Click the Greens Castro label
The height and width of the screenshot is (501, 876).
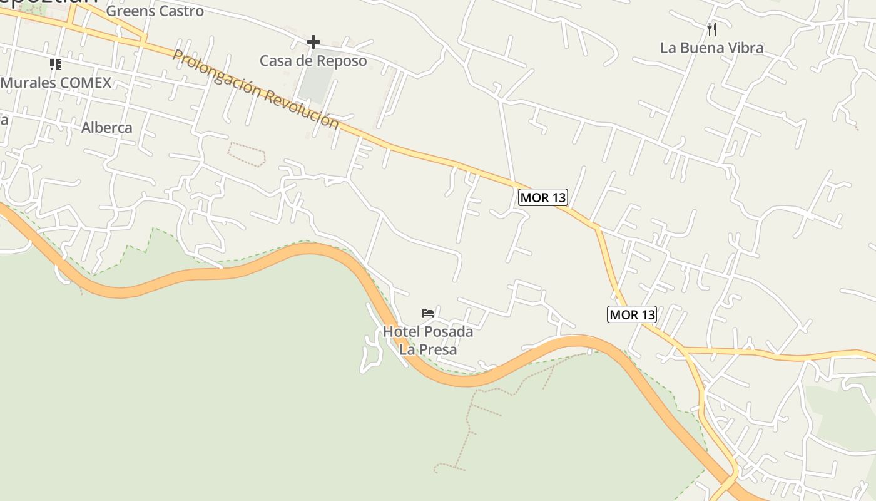coord(155,11)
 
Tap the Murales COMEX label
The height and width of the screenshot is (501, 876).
coord(56,83)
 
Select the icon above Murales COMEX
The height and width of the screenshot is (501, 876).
coord(56,64)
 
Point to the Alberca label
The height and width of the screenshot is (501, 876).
coord(107,128)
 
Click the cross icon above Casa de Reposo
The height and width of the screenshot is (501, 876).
coord(313,42)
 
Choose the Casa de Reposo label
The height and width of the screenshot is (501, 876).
coord(313,61)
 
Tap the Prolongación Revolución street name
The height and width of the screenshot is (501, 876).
coord(255,89)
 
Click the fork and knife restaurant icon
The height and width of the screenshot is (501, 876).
coord(711,29)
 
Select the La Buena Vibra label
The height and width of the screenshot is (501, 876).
coord(711,48)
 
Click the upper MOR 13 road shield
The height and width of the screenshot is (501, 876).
coord(543,198)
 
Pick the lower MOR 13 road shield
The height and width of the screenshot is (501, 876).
coord(632,314)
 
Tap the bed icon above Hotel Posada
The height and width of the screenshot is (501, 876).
coord(428,312)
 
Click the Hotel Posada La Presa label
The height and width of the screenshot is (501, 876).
coord(428,341)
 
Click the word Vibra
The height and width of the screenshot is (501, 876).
coord(743,48)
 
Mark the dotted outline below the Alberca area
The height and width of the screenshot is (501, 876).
coord(247,154)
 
